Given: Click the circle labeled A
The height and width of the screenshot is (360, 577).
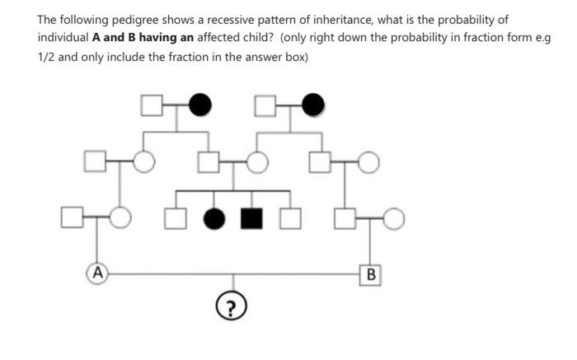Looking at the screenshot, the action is tap(97, 270).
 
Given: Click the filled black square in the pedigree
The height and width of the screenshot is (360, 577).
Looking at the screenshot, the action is tap(251, 218).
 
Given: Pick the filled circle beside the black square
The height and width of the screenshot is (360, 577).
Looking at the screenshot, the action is tap(214, 218).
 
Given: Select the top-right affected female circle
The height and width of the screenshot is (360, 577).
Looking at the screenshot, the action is tap(313, 105).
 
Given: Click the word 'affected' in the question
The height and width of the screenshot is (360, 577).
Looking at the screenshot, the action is tap(228, 38).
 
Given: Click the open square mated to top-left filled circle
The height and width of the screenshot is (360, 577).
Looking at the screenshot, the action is tap(150, 105).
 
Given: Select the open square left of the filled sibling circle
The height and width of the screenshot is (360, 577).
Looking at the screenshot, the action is tap(176, 218).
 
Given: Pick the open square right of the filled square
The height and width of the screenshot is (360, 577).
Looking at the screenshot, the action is tap(288, 218).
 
